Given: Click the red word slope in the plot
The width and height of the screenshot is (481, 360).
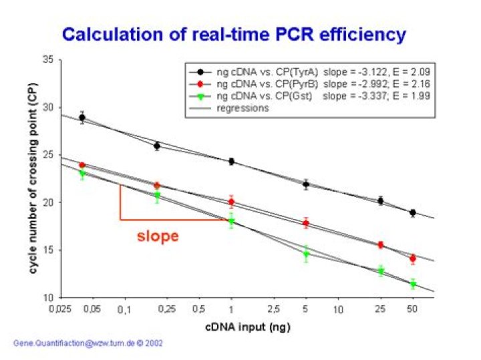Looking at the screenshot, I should pyautogui.click(x=158, y=236).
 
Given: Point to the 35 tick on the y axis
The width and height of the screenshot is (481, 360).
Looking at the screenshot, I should pyautogui.click(x=48, y=59).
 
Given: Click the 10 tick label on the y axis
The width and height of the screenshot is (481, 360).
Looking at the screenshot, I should pyautogui.click(x=48, y=298).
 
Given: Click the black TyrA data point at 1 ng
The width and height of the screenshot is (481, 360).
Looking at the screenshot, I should pyautogui.click(x=231, y=162).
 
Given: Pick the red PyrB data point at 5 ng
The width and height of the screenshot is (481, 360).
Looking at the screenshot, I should pyautogui.click(x=306, y=223).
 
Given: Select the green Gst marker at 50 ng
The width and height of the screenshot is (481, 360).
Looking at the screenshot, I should pyautogui.click(x=413, y=285).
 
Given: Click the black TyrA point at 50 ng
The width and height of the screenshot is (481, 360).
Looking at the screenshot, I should pyautogui.click(x=413, y=212).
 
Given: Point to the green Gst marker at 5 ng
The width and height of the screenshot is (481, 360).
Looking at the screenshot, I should pyautogui.click(x=306, y=254).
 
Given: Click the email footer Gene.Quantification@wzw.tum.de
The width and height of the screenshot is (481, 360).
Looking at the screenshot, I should pyautogui.click(x=87, y=343).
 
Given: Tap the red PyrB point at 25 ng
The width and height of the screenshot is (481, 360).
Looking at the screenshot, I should pyautogui.click(x=380, y=245).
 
